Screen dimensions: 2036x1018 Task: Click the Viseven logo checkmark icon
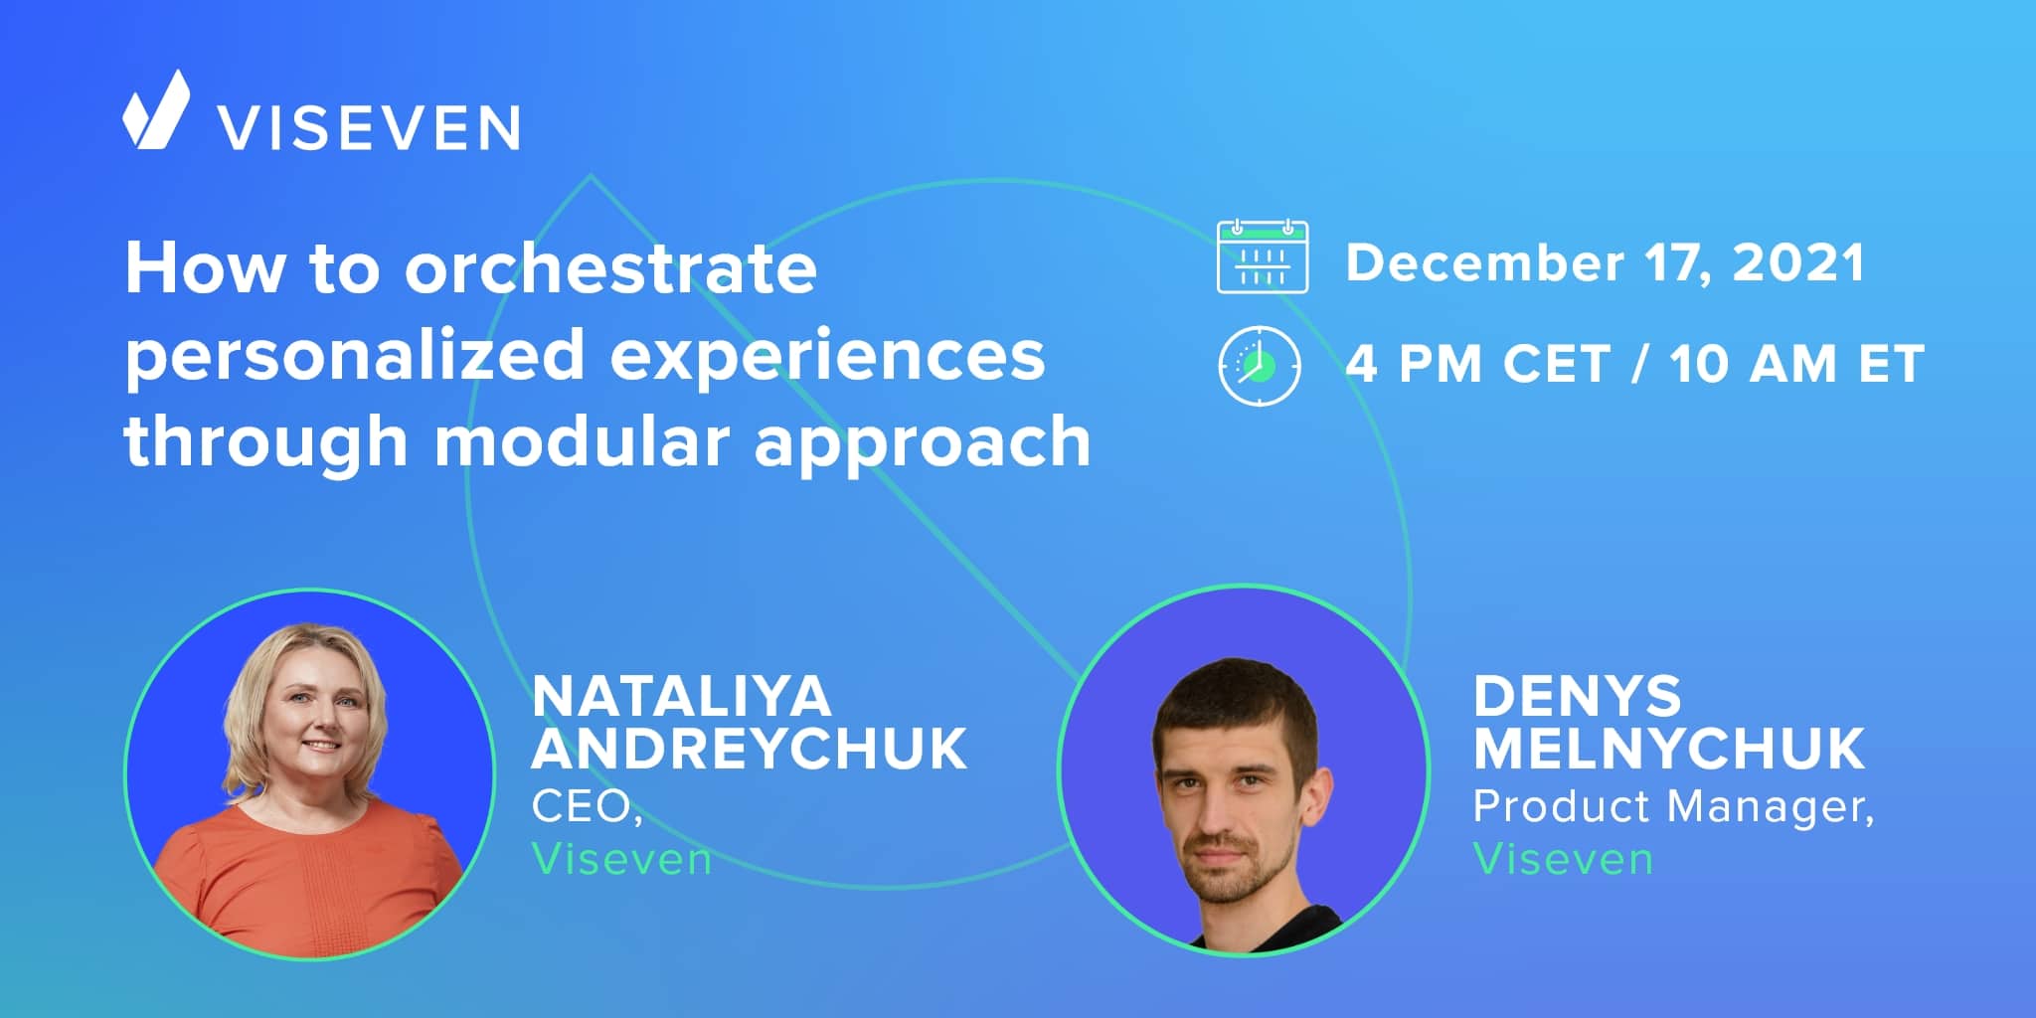click(156, 110)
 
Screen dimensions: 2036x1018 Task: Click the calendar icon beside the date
click(1263, 257)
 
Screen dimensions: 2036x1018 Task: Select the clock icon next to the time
click(1260, 365)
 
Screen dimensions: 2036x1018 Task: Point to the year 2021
click(1798, 262)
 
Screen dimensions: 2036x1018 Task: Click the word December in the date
click(1485, 262)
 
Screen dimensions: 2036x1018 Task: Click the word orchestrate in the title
click(610, 268)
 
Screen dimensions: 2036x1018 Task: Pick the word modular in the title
click(582, 440)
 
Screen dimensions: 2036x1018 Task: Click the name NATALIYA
click(681, 696)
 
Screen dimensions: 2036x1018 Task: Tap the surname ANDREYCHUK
click(750, 749)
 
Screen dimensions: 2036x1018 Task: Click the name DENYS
click(1577, 696)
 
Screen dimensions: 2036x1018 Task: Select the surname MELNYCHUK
click(1669, 749)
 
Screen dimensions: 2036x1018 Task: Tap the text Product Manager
click(1673, 807)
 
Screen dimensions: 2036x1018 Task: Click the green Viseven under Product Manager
click(1563, 859)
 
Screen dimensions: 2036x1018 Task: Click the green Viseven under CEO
click(621, 859)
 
